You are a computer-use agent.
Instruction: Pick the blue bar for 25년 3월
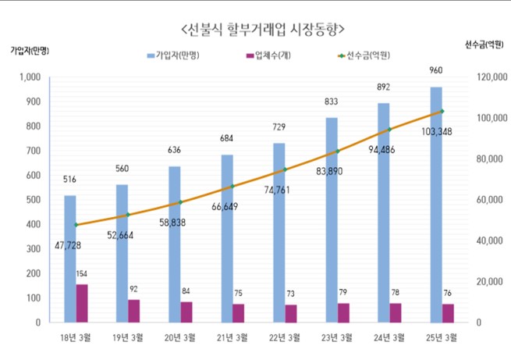435,203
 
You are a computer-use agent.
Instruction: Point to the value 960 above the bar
435,70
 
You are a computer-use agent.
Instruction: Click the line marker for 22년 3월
284,169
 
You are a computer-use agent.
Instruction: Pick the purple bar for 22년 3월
291,313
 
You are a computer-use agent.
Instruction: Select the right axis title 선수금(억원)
484,45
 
